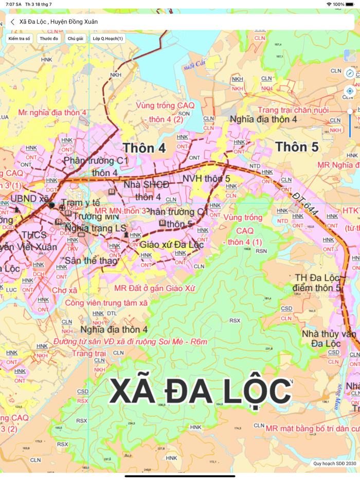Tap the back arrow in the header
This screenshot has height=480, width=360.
[x=12, y=22]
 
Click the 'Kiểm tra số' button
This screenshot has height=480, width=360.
[x=20, y=39]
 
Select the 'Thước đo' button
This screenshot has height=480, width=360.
[x=49, y=39]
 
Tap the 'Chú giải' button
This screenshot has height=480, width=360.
[x=76, y=39]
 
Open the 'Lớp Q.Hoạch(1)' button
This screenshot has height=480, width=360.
[x=107, y=39]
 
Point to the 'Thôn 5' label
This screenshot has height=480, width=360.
[x=297, y=147]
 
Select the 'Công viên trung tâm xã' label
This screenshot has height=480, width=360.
[x=106, y=303]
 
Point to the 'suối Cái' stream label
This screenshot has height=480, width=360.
[x=193, y=66]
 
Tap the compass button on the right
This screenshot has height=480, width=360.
[x=350, y=73]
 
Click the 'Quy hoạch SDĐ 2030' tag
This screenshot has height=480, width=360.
[x=334, y=464]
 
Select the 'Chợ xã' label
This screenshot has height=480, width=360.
[x=65, y=290]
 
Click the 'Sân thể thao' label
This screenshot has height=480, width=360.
[x=92, y=261]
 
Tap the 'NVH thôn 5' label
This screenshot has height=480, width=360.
[x=206, y=178]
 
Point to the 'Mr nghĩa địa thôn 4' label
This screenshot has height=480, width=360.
[x=52, y=112]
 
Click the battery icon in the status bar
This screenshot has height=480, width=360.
[x=352, y=4]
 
